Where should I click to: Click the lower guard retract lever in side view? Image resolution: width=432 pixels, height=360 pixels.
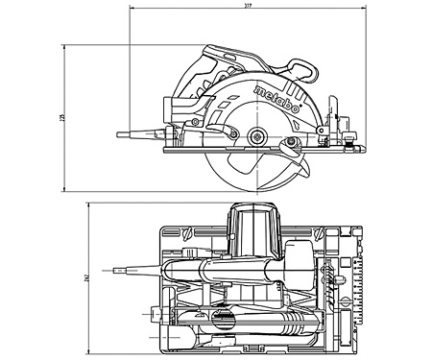292,145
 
